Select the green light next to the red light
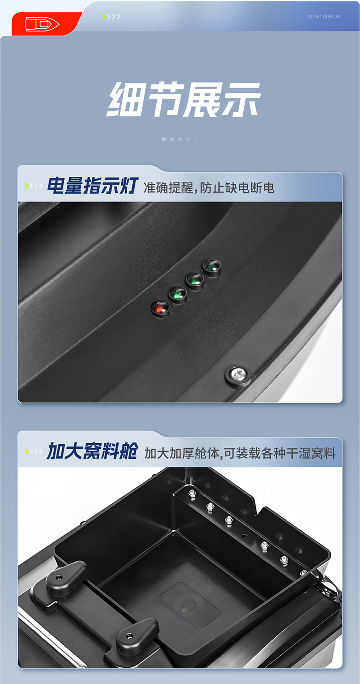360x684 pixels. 178,294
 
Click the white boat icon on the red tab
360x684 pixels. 42,24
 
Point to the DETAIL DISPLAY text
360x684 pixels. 324,17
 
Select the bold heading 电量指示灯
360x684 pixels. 93,185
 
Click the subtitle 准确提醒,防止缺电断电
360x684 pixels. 209,187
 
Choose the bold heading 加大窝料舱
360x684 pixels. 92,451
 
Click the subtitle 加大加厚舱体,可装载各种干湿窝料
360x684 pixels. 240,453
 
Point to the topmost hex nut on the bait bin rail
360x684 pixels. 192,493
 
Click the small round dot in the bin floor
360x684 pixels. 184,610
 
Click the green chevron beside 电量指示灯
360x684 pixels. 26,185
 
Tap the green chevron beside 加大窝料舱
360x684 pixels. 26,451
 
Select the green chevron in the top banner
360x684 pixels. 104,17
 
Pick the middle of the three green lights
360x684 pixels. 195,281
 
